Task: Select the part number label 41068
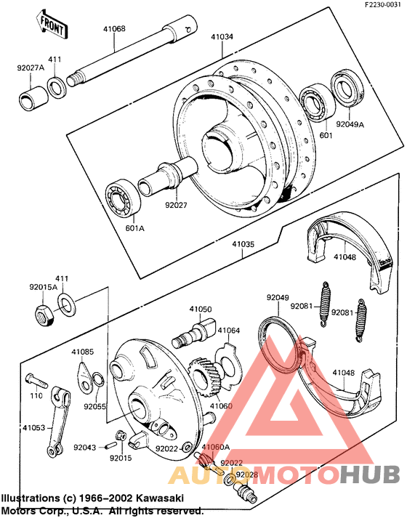pos(114,30)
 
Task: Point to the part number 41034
pos(222,36)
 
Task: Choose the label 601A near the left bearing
pos(135,228)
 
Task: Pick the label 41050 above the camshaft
pos(201,310)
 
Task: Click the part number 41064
pos(228,330)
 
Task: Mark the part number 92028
pos(246,474)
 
